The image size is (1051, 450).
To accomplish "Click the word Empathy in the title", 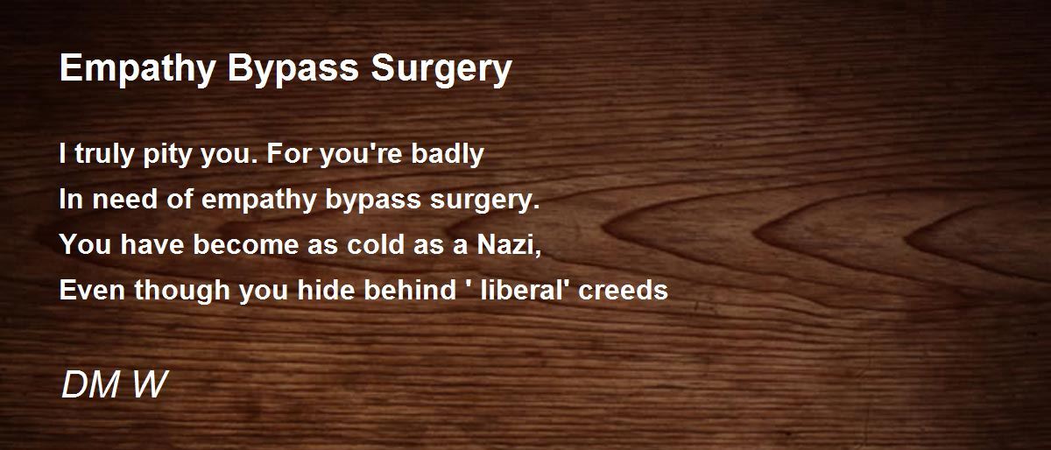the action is pyautogui.click(x=138, y=69).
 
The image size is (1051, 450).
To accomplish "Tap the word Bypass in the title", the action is pyautogui.click(x=293, y=69).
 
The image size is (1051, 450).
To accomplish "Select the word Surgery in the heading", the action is pyautogui.click(x=441, y=69).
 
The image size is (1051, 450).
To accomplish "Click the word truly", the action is pyautogui.click(x=104, y=154).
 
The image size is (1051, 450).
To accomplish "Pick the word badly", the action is pyautogui.click(x=448, y=154).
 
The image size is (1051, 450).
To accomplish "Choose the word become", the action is pyautogui.click(x=245, y=244).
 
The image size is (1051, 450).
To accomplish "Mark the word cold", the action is pyautogui.click(x=376, y=244).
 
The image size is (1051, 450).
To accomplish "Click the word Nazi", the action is pyautogui.click(x=509, y=244).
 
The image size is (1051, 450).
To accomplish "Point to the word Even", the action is pyautogui.click(x=92, y=290).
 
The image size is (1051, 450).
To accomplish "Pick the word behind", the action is pyautogui.click(x=410, y=290).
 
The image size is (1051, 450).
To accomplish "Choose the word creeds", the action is pyautogui.click(x=623, y=290).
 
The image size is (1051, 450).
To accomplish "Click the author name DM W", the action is pyautogui.click(x=115, y=384).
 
